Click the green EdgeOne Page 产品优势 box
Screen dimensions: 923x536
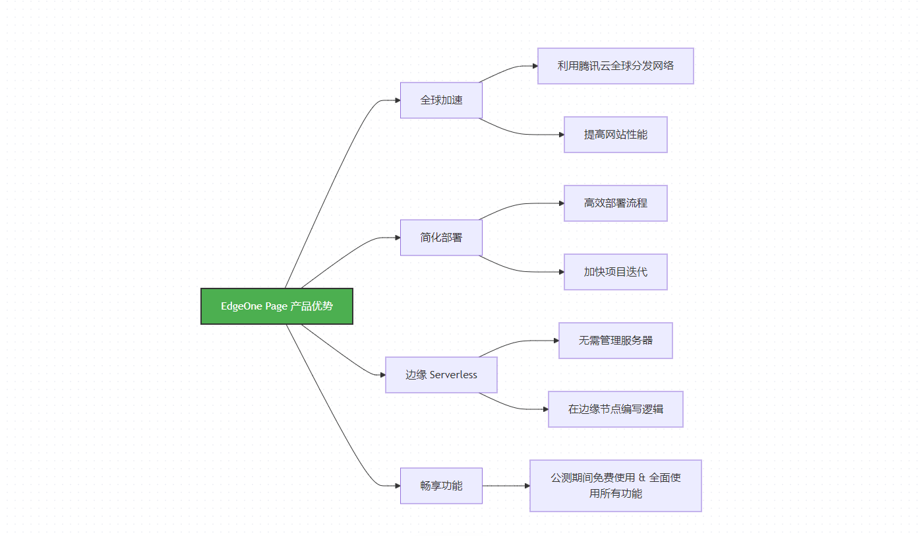[277, 306]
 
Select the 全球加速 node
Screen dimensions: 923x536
[441, 100]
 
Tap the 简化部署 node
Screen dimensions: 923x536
[441, 238]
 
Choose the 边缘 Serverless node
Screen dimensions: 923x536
[441, 375]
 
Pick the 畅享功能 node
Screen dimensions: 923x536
[441, 486]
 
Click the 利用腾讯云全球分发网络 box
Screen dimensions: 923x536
[616, 66]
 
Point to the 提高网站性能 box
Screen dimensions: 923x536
[616, 135]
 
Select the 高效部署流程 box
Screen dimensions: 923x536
[616, 203]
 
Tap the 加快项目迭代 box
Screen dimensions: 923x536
[616, 272]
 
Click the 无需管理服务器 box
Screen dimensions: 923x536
[616, 341]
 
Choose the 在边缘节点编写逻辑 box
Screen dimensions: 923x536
[616, 409]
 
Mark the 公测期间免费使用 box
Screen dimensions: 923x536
[616, 486]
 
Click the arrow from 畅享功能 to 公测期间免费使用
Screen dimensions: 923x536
[506, 486]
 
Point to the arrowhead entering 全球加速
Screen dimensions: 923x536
[398, 100]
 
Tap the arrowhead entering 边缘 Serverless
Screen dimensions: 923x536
[383, 375]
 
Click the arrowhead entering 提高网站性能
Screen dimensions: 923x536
[562, 135]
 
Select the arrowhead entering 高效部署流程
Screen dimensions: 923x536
[562, 203]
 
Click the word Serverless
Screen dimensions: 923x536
[454, 375]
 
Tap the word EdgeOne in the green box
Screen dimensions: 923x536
[241, 306]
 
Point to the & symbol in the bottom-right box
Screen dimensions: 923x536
[642, 478]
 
